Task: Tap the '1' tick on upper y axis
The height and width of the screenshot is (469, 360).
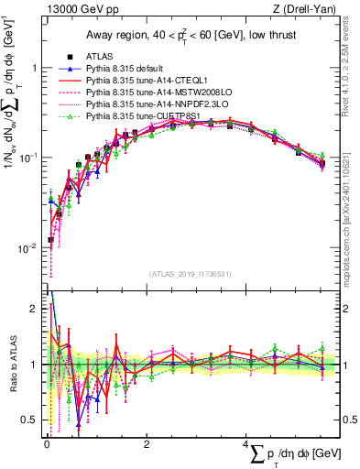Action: pos(33,68)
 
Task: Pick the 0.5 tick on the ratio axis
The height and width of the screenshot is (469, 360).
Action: pos(29,420)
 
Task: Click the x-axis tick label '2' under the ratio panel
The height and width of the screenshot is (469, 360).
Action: pos(147,443)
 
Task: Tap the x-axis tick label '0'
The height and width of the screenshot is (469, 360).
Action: pos(47,443)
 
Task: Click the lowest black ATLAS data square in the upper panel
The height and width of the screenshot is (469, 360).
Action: pos(51,240)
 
